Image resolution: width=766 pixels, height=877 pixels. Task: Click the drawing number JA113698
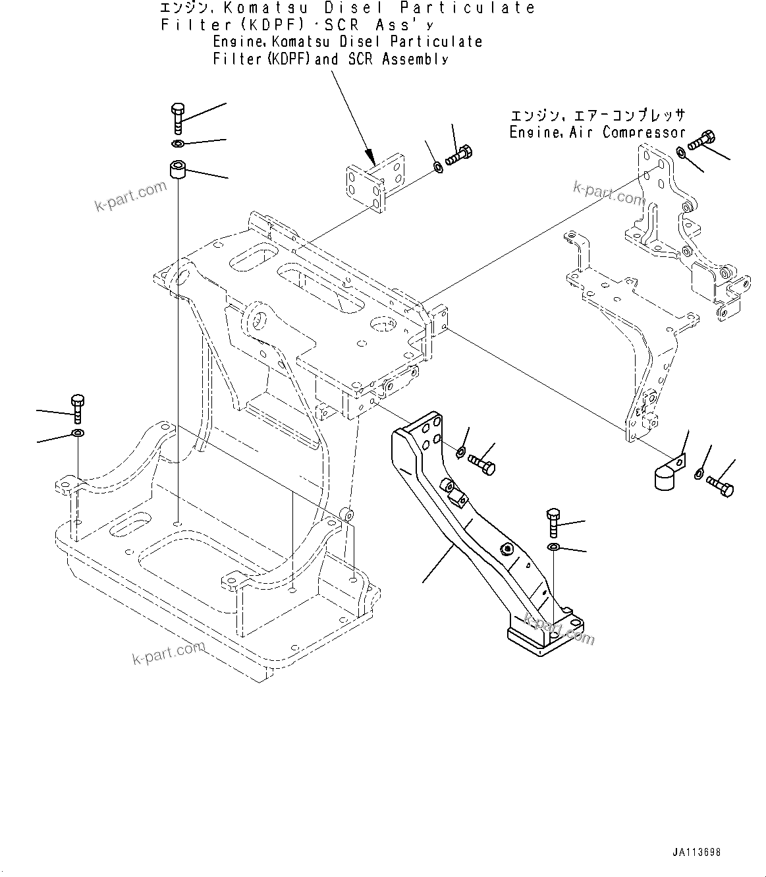(696, 852)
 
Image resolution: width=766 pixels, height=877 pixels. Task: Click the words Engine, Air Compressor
(597, 132)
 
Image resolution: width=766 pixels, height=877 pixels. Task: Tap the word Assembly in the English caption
(416, 59)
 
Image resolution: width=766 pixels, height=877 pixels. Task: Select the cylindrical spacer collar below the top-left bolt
(177, 170)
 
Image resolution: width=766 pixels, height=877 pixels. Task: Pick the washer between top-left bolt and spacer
(178, 144)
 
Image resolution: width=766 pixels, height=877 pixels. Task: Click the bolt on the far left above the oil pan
(77, 408)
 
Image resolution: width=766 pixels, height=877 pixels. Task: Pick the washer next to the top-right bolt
(682, 154)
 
